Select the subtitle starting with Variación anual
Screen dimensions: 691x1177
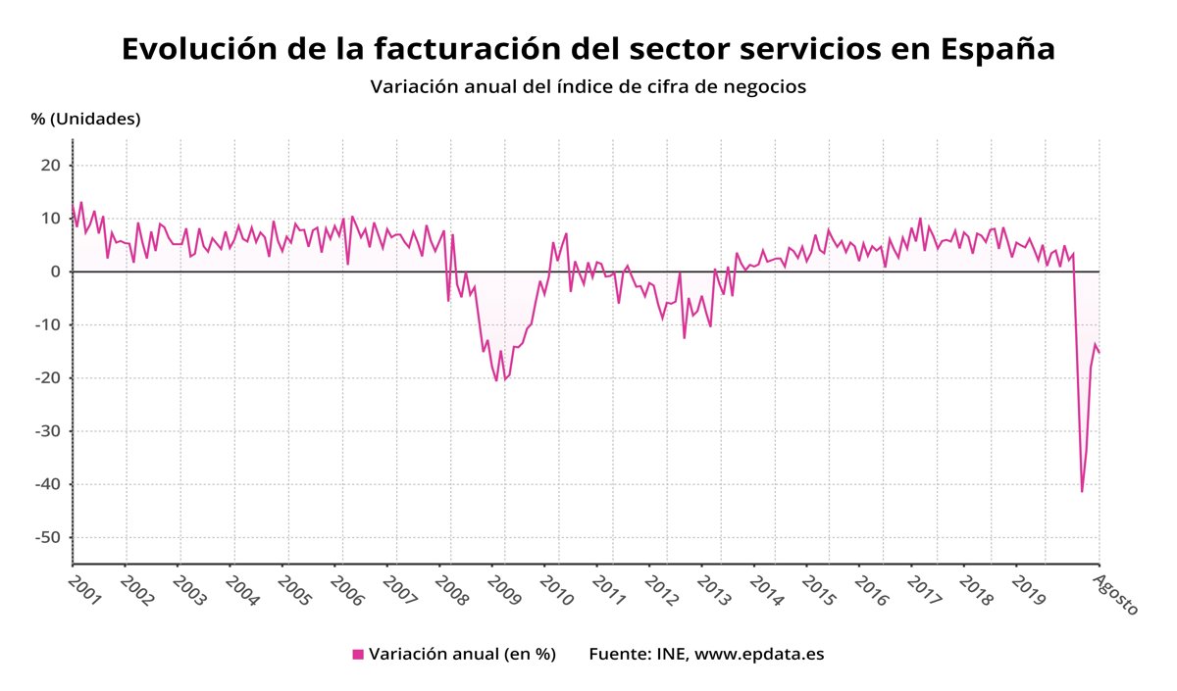[x=588, y=86]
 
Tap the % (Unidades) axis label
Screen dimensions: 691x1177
[x=86, y=119]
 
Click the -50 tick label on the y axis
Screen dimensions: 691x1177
[x=47, y=538]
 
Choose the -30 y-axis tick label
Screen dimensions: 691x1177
[x=47, y=431]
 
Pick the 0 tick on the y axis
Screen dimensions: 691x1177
[x=56, y=271]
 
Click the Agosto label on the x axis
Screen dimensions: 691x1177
[x=1116, y=594]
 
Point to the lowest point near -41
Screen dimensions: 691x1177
[x=1082, y=491]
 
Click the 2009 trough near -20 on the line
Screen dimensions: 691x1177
[x=496, y=380]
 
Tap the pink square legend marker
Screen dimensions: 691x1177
[x=358, y=654]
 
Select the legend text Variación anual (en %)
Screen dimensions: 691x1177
[x=462, y=654]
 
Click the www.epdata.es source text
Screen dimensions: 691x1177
[x=759, y=654]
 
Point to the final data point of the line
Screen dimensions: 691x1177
[x=1099, y=353]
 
